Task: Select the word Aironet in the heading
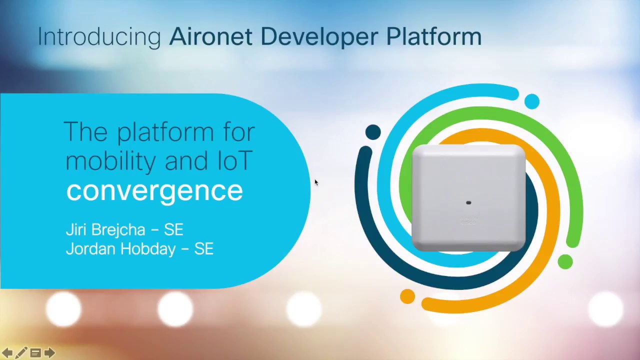point(210,37)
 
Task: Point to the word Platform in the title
point(433,37)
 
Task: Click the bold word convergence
point(154,190)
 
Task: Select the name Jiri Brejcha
point(105,229)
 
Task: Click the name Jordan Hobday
point(120,248)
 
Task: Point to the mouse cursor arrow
point(316,182)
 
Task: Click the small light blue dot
point(532,101)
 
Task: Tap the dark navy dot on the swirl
point(373,132)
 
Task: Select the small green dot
point(565,261)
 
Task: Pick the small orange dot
point(407,296)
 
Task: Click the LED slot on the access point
point(468,202)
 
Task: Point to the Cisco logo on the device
point(468,220)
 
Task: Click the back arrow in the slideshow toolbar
point(7,353)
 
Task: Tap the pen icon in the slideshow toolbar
point(21,353)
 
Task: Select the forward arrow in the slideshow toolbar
point(49,353)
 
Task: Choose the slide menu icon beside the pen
point(35,353)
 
